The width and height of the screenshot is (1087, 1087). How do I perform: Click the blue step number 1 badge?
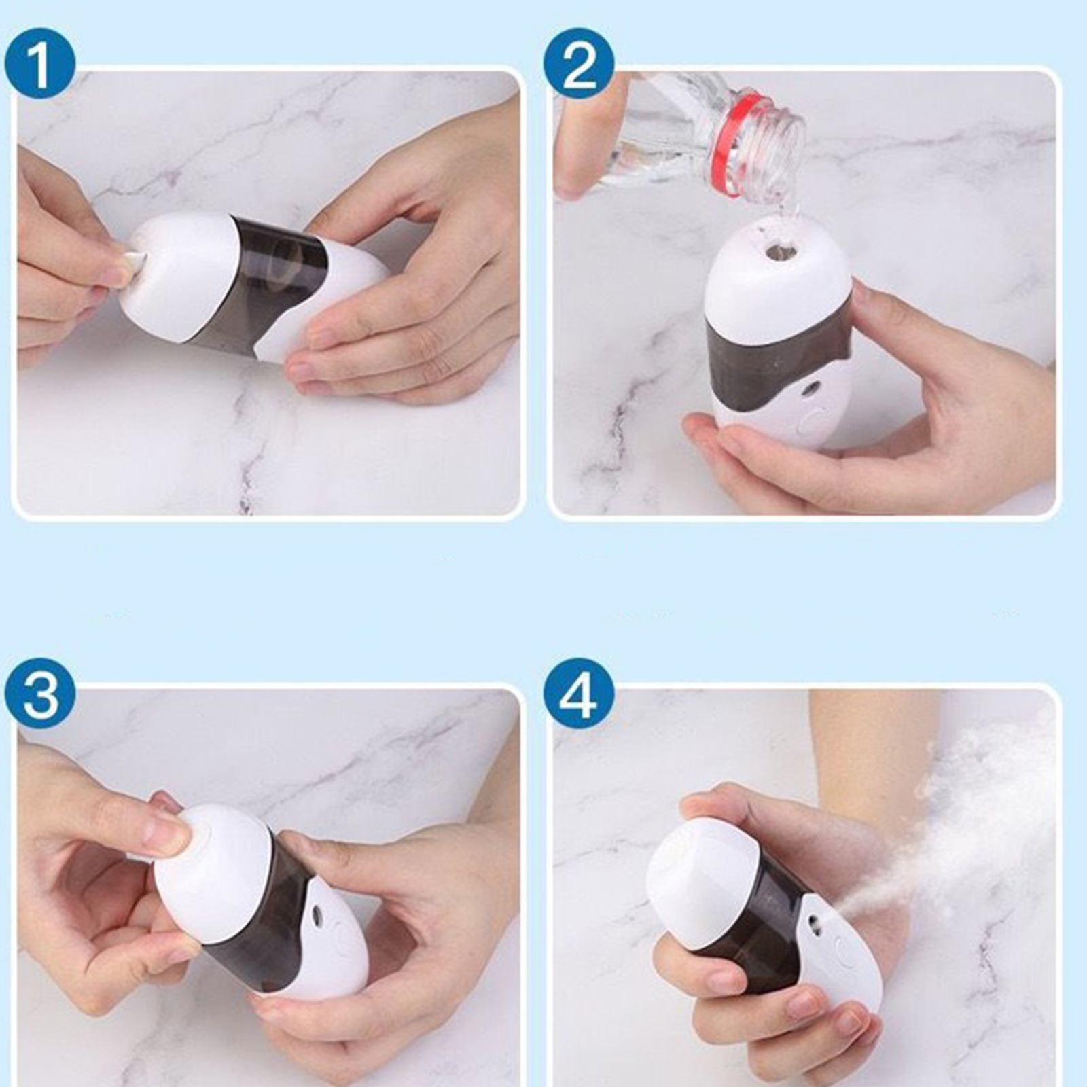tap(39, 64)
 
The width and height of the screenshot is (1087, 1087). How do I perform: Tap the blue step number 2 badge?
tap(579, 64)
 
